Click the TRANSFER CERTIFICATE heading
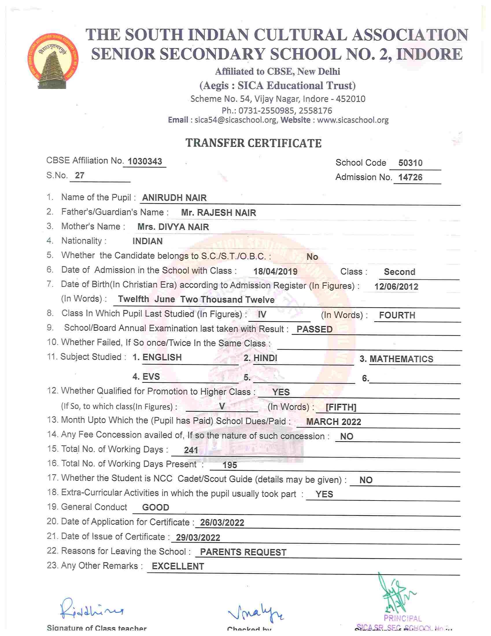(253, 143)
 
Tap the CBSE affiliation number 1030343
(145, 161)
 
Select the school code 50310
(410, 163)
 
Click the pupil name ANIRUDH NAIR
(174, 198)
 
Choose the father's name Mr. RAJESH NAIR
(218, 212)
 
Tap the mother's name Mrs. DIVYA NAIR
(173, 227)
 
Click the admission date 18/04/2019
(275, 272)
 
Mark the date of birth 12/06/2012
(396, 287)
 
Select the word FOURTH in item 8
(397, 315)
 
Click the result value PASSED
(314, 329)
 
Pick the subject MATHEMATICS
(401, 359)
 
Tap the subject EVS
(151, 377)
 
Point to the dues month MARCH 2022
(334, 422)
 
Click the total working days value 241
(191, 450)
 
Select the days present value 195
(230, 465)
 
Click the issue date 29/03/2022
(198, 538)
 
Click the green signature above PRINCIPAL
(397, 594)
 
